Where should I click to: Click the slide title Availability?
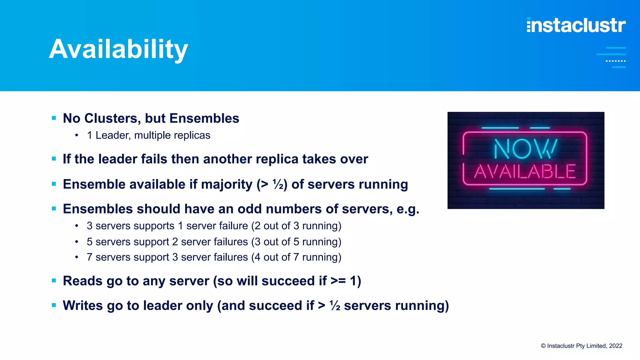point(118,49)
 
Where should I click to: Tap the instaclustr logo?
point(576,25)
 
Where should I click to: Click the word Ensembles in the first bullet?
point(204,118)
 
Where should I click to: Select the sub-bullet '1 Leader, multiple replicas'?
point(148,135)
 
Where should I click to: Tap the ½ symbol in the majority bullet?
point(278,184)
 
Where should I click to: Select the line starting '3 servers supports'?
point(214,226)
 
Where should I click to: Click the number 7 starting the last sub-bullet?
point(89,257)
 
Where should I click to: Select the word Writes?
point(82,306)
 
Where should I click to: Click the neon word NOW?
point(525,149)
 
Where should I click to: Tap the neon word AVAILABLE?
point(525,172)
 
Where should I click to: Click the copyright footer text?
point(581,346)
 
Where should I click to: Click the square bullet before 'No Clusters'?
point(54,118)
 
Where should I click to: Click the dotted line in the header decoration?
point(616,61)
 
